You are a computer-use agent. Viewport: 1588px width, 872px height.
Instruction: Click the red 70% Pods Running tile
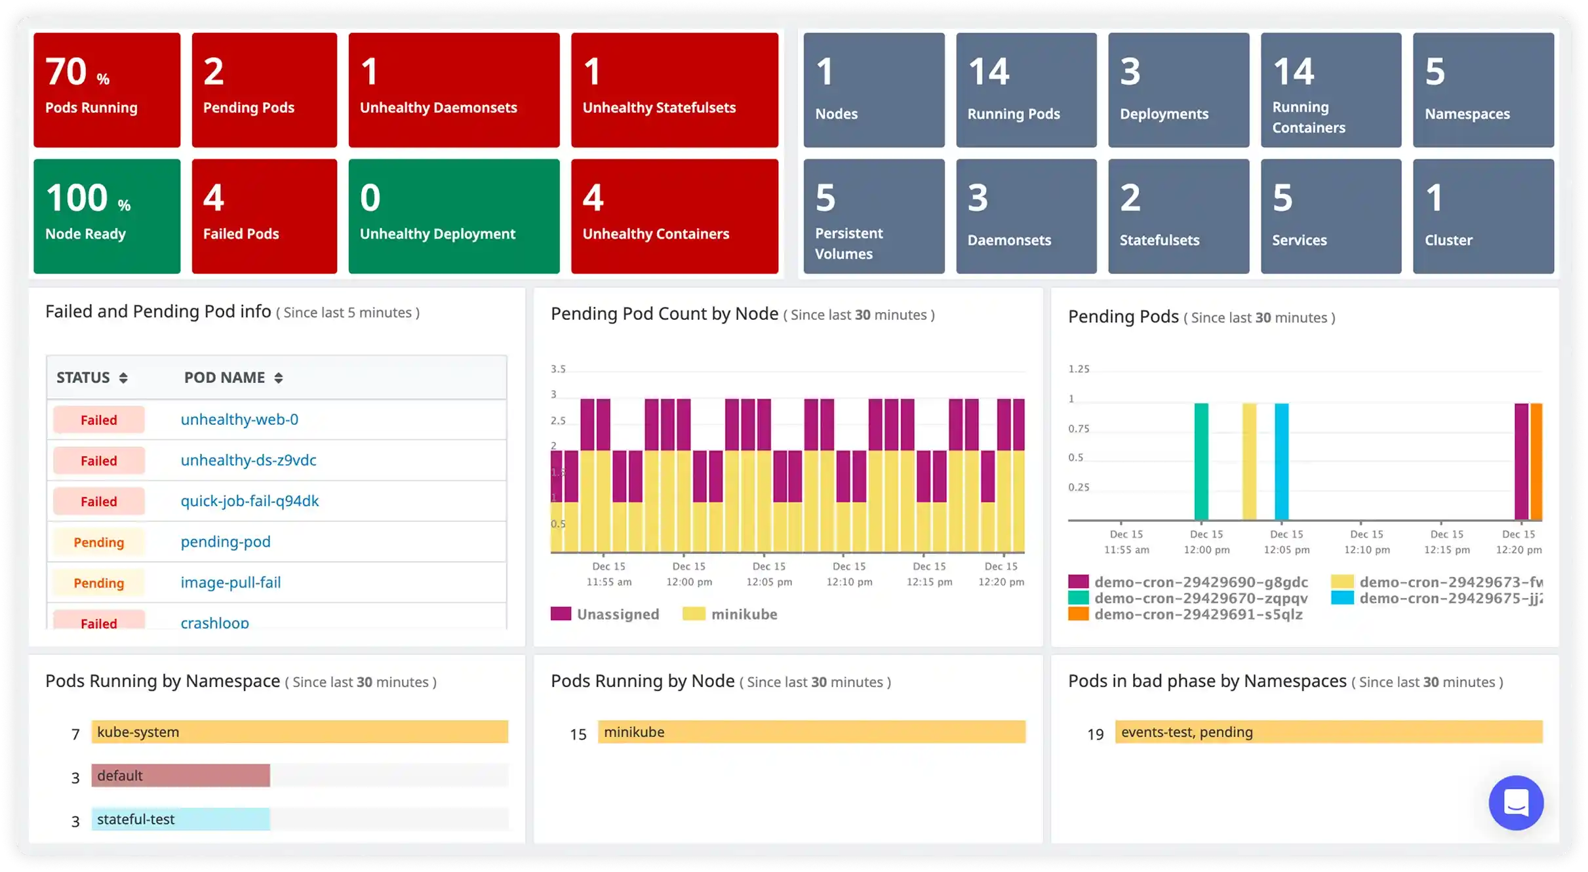107,90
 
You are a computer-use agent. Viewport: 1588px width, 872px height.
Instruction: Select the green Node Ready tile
107,216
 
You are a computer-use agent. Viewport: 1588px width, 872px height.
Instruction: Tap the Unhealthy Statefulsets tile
674,90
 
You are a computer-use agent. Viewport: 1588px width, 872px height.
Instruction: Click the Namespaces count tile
1483,90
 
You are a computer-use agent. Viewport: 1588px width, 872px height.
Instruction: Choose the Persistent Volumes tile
873,216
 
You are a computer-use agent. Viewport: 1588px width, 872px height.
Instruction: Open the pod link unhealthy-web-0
239,420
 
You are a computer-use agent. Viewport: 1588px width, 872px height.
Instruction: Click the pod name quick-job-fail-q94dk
250,501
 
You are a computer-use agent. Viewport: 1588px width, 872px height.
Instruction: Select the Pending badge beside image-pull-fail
98,583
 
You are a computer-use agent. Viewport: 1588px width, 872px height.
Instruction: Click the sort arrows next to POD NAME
279,378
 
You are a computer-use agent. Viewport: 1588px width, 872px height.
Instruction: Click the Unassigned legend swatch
561,614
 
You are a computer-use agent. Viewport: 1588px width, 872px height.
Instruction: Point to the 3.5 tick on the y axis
558,369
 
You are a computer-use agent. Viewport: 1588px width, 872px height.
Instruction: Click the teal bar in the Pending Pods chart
1201,462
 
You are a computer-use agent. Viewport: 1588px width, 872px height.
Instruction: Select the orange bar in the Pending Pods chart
1536,462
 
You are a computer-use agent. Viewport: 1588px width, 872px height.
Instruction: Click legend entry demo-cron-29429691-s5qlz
1198,614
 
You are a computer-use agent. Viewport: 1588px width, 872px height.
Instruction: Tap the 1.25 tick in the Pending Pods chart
1079,369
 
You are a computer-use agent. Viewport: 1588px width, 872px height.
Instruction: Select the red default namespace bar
180,776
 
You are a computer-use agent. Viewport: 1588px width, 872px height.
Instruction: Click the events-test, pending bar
1328,732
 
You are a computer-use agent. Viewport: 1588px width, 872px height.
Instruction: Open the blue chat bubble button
1516,803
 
